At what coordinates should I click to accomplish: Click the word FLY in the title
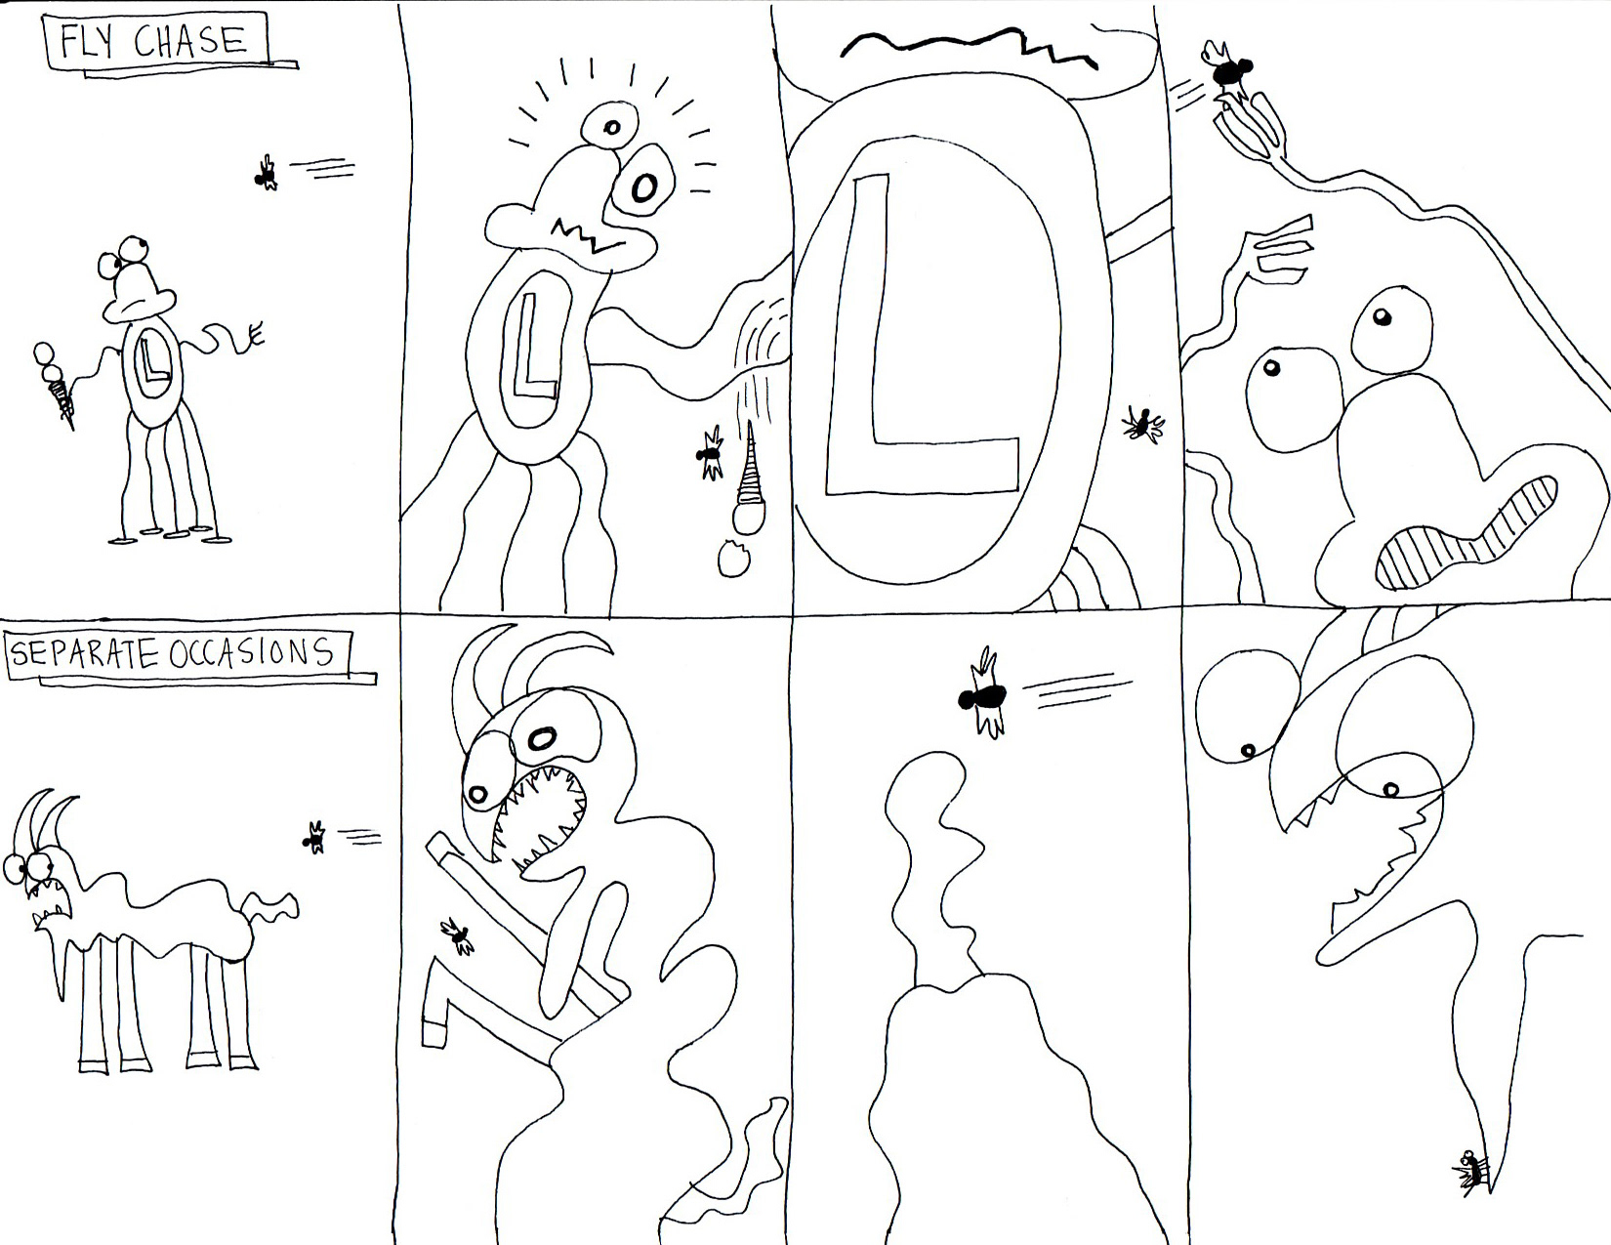[87, 42]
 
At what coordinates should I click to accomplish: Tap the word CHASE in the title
[189, 41]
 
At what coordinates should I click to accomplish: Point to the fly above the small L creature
[267, 174]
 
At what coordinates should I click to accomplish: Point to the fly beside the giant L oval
[1142, 425]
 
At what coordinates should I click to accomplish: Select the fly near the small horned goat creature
[315, 837]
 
